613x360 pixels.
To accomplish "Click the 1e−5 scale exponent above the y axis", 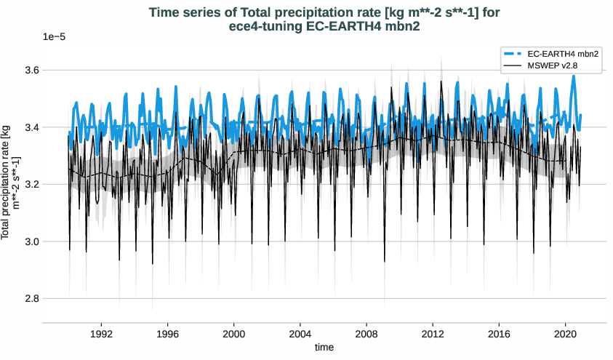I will pyautogui.click(x=55, y=37).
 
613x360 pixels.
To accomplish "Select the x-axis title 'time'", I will pyautogui.click(x=324, y=348).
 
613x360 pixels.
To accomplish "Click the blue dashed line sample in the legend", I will pyautogui.click(x=512, y=54).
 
